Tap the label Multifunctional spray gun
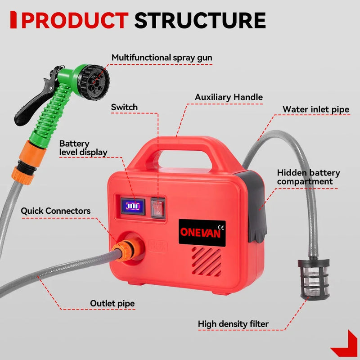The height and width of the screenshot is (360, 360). [x=162, y=58]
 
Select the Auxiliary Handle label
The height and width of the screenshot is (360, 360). [x=229, y=97]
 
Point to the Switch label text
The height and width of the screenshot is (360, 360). [x=124, y=107]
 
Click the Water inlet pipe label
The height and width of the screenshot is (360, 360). [x=315, y=109]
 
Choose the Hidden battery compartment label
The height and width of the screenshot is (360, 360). [x=308, y=177]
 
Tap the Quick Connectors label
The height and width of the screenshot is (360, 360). [x=55, y=211]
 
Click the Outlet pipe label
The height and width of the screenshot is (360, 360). [x=112, y=303]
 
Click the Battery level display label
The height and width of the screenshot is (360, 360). [x=83, y=148]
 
